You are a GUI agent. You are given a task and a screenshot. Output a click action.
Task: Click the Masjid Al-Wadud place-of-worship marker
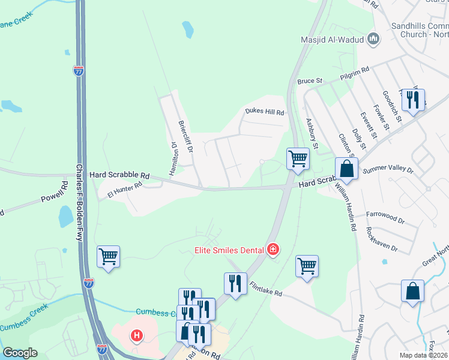pos(373,40)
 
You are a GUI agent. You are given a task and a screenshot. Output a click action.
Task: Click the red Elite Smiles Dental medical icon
pos(273,249)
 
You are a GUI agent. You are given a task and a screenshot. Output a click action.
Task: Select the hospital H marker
pos(137,335)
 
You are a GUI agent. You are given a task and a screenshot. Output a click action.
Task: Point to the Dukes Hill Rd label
pos(264,112)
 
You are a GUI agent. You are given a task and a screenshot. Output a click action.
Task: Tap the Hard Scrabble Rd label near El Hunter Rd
pos(119,175)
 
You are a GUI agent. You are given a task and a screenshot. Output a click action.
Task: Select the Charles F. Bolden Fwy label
pos(79,203)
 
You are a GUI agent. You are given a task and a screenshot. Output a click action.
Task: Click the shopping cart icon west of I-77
pos(108,257)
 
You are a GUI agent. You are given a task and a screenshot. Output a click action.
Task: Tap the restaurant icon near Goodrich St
pos(412,100)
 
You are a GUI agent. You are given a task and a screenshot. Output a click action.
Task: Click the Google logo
pos(20,353)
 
